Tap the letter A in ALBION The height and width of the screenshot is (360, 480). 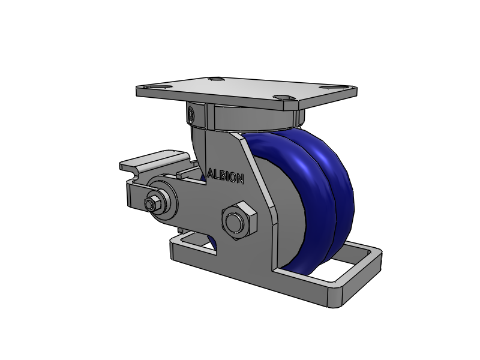click(x=210, y=173)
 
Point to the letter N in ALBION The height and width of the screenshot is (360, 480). click(x=240, y=179)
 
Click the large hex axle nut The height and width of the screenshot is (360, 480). click(x=239, y=221)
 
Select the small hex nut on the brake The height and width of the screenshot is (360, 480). click(x=153, y=202)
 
